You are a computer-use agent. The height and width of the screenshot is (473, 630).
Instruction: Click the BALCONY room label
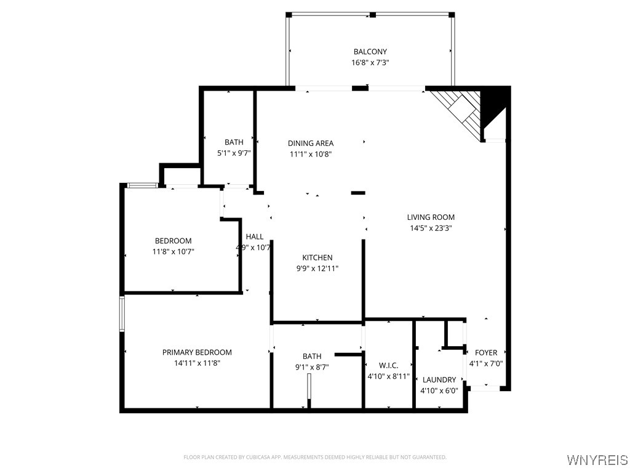[370, 52]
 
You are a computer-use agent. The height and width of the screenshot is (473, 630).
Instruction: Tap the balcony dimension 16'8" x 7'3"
[370, 62]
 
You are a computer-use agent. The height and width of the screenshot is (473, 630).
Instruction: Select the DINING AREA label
[311, 144]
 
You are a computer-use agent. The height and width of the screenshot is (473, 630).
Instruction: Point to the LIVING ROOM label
[431, 217]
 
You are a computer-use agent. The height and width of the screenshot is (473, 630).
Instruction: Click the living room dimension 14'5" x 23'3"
[431, 228]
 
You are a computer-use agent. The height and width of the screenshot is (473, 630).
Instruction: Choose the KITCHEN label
[317, 257]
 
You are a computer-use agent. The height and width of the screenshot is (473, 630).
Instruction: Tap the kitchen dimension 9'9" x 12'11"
[317, 268]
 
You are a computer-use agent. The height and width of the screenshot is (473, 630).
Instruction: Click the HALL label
[255, 236]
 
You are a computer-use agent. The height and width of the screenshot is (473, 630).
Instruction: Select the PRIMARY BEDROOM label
[197, 352]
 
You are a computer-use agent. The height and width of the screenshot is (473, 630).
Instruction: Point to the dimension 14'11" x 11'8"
[197, 363]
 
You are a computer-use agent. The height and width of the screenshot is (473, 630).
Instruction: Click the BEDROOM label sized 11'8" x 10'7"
[173, 241]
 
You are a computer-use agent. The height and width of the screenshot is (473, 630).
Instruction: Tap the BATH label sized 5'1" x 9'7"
[234, 142]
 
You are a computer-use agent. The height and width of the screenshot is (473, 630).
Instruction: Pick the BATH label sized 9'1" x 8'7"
[312, 356]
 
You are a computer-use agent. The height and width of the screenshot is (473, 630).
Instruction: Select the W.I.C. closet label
[388, 365]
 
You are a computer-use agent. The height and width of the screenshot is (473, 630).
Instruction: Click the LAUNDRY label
[439, 380]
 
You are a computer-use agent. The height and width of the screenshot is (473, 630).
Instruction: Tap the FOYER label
[486, 353]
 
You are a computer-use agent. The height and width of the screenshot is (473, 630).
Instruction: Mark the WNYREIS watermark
[596, 460]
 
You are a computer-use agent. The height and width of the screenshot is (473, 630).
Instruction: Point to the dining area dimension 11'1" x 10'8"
[311, 154]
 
